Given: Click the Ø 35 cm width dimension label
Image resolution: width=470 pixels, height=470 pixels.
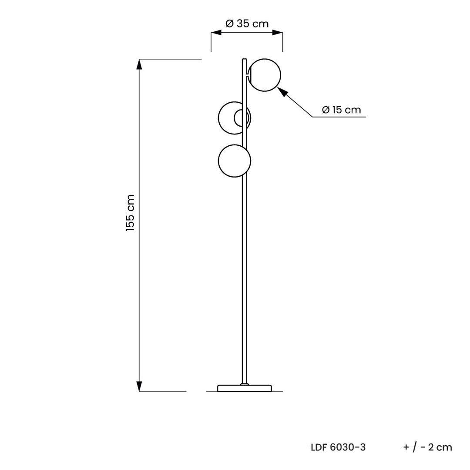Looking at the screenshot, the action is (x=247, y=23).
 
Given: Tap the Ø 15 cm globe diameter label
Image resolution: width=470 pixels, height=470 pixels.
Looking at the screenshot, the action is (x=342, y=110).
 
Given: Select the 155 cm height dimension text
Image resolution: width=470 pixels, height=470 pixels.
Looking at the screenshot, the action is (x=131, y=212).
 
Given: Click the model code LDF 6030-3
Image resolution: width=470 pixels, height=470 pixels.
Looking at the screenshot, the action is (x=339, y=447).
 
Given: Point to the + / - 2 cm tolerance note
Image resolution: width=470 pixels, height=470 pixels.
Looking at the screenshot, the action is (x=428, y=447).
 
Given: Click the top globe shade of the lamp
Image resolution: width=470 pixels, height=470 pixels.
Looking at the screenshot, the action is (x=265, y=75).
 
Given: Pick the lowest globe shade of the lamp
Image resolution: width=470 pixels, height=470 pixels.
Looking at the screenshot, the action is (x=235, y=161).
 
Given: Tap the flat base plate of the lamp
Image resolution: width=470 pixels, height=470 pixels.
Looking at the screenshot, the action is (x=245, y=388).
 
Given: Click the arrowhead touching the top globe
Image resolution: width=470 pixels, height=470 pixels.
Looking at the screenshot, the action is (x=282, y=92).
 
